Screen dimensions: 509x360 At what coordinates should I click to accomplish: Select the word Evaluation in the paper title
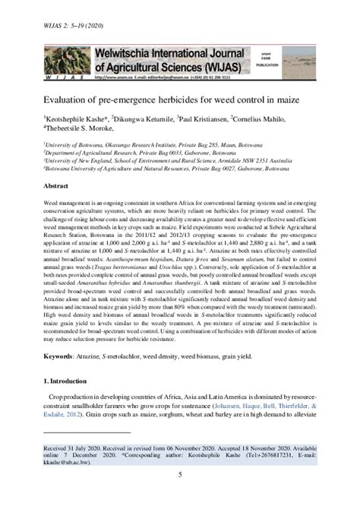[x=68, y=100]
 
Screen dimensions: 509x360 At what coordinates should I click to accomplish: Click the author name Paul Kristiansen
[x=207, y=119]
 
